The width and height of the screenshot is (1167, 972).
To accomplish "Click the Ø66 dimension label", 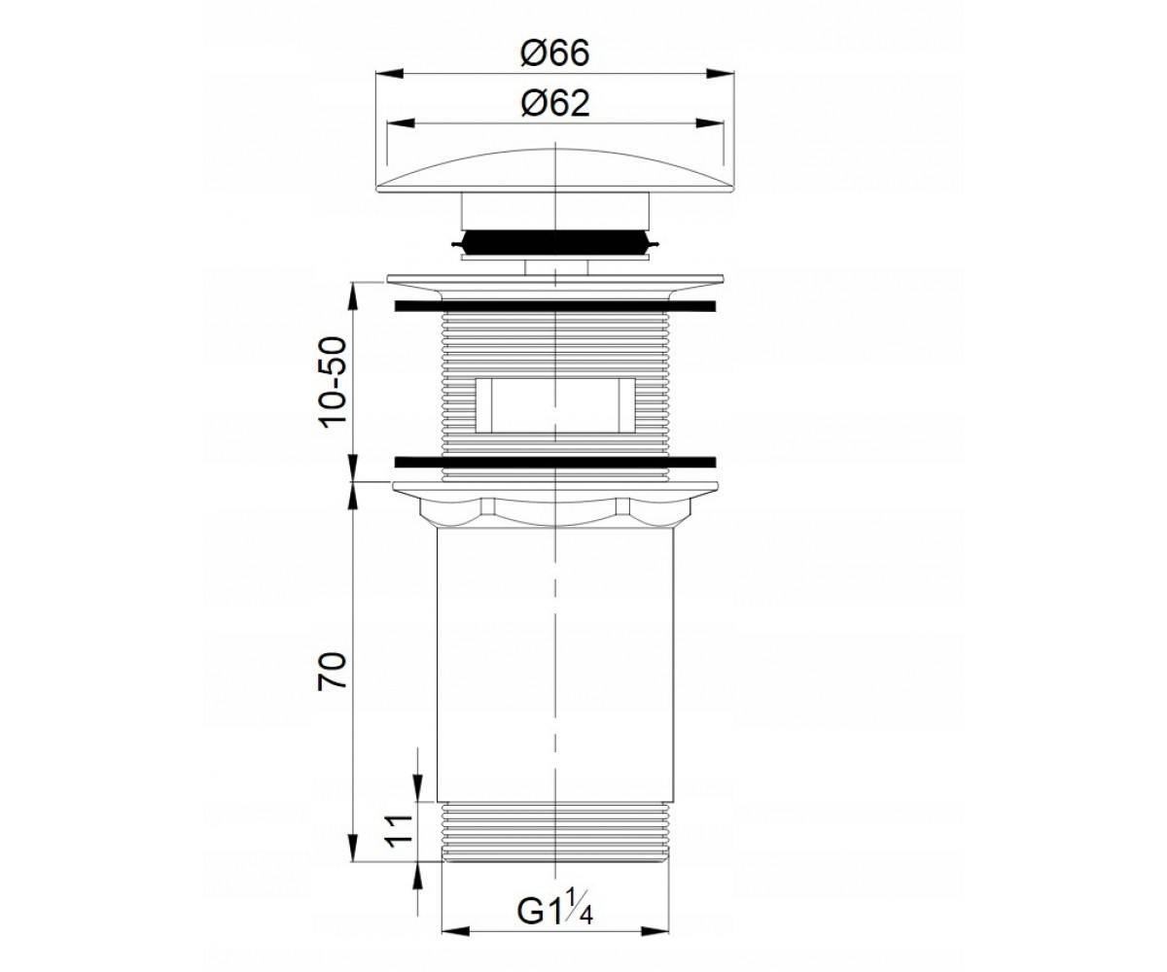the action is (554, 53).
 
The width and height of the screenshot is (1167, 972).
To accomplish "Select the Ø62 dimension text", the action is (554, 103).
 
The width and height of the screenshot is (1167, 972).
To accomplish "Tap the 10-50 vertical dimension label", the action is (334, 382).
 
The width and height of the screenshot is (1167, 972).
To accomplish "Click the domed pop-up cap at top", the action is (555, 171).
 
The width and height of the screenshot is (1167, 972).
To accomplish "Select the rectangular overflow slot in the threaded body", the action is (555, 405).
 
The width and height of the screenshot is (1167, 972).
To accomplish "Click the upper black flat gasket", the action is (555, 306).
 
